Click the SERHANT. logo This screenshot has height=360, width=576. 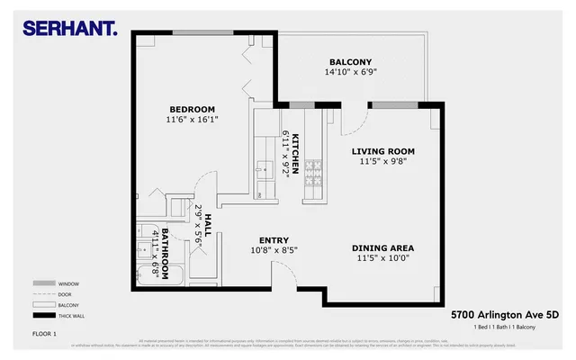point(69,29)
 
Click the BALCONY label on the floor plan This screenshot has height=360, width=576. point(325,62)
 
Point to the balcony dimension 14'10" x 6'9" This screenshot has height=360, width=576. point(325,73)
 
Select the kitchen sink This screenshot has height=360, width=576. point(265,168)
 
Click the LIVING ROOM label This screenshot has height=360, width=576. point(382,151)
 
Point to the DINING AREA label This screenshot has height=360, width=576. point(382,247)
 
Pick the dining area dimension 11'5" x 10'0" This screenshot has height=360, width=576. point(382,257)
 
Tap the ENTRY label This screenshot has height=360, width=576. point(274,239)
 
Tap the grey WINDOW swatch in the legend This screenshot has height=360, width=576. point(40,283)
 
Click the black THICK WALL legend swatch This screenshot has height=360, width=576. point(40,316)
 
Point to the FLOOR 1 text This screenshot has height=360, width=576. point(45,334)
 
